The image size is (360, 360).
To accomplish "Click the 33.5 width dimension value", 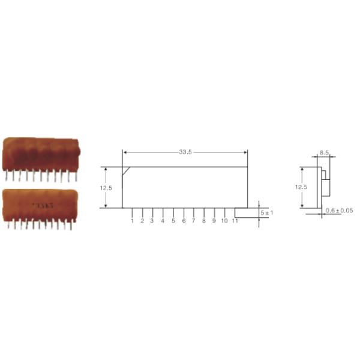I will (185, 152).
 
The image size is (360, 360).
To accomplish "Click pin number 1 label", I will (132, 221).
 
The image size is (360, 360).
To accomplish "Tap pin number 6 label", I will (184, 221).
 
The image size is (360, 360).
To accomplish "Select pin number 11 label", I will (235, 221).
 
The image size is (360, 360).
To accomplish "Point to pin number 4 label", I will (163, 221).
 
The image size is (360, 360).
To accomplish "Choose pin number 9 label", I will (214, 221).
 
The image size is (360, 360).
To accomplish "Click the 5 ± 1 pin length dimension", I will (266, 213).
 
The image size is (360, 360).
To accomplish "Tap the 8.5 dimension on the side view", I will (324, 153).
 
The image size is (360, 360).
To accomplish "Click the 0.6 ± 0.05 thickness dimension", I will (339, 211).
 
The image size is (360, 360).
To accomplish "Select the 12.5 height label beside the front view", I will (106, 187).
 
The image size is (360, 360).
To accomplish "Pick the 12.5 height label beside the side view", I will (301, 187).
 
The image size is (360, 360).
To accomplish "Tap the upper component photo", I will (40, 156).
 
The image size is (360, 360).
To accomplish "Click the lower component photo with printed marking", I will (40, 206).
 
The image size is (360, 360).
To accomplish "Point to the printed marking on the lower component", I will (43, 206).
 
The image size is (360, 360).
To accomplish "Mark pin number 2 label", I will (142, 221).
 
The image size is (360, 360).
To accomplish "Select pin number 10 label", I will (224, 221).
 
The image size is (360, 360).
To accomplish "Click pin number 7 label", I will (193, 221).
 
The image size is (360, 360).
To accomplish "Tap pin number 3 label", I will (152, 221).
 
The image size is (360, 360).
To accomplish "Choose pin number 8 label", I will (203, 221).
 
